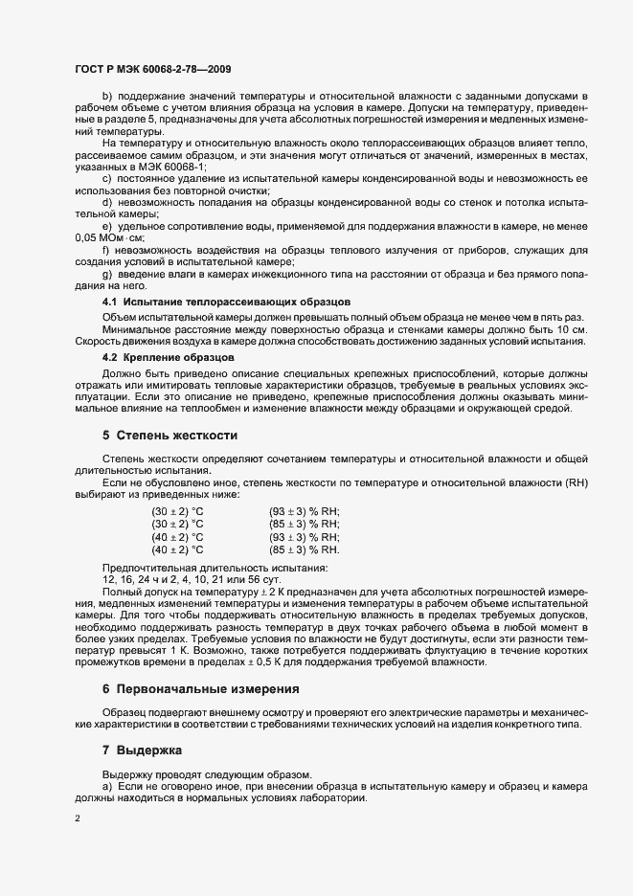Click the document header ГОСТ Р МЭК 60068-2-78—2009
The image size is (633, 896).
tap(151, 69)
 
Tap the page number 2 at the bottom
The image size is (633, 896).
tap(78, 818)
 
